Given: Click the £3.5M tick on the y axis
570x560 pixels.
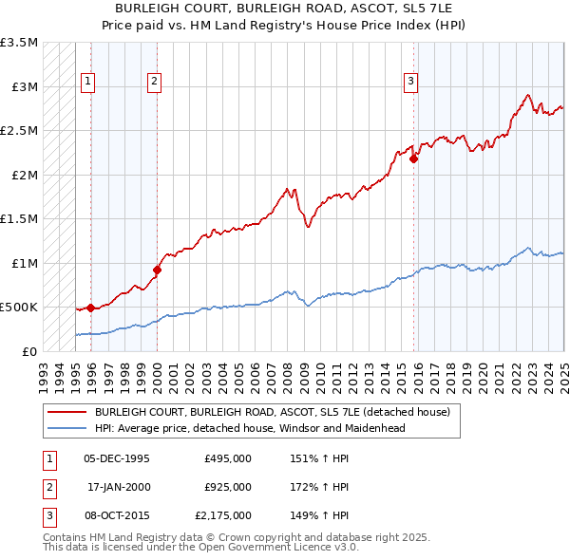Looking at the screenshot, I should [19, 44].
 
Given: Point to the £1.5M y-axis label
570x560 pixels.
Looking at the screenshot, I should [19, 219].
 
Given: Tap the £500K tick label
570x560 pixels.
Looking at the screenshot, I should [19, 308].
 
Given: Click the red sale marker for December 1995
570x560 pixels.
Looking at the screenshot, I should [90, 308].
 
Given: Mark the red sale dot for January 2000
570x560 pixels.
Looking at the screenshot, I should [158, 270].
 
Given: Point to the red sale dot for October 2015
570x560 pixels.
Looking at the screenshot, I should [414, 159].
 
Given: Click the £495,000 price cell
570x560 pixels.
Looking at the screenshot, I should [228, 458].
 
